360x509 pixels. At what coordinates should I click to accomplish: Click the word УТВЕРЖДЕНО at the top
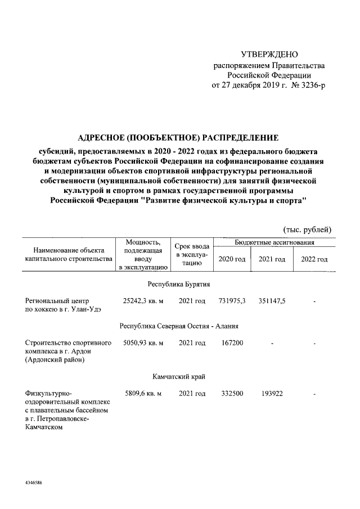click(268, 55)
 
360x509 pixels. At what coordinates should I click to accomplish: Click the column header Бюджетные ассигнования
click(274, 242)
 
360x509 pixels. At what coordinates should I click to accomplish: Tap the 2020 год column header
click(232, 259)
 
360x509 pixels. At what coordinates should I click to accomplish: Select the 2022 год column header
click(314, 259)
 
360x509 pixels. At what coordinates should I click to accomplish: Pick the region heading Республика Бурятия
click(179, 284)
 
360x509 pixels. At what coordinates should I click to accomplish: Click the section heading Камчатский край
click(179, 376)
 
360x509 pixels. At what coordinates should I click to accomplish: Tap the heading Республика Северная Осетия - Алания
click(179, 326)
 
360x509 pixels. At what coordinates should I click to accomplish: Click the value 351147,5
click(272, 301)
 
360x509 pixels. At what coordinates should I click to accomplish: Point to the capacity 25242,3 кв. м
click(143, 301)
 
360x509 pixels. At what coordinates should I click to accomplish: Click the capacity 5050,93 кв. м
click(143, 343)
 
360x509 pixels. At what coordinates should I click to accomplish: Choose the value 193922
click(272, 393)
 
